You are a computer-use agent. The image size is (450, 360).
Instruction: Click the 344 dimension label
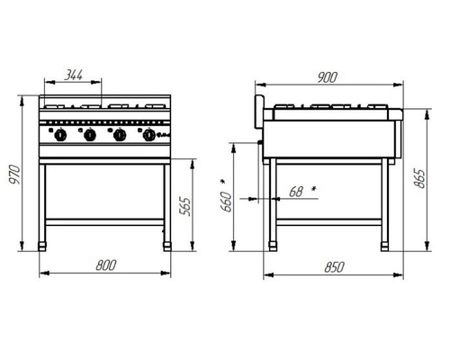coord(74,75)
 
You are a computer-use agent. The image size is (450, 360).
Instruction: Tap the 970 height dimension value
coord(14,175)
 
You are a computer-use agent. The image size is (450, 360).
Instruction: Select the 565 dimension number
coord(184,206)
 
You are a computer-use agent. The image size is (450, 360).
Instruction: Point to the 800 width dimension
coord(106,265)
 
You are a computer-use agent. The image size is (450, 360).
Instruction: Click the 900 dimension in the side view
coord(328,77)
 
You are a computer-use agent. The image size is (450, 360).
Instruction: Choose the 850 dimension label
coord(334,267)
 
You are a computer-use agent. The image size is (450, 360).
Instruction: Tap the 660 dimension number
coord(227,202)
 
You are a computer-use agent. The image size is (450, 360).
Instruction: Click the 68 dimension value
coord(296,192)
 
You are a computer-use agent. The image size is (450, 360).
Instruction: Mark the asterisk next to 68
coord(314,189)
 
